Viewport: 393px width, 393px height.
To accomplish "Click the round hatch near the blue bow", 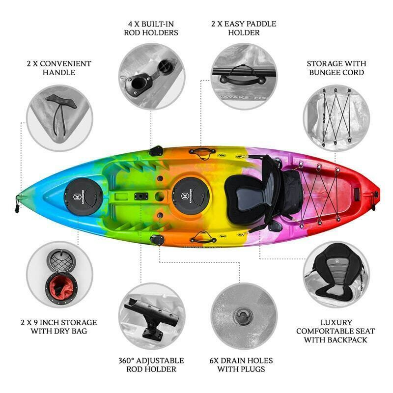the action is (x=83, y=197).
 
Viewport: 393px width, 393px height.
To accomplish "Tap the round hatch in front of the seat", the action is (x=191, y=196).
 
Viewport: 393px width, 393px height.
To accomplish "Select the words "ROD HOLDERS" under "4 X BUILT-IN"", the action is (x=151, y=32).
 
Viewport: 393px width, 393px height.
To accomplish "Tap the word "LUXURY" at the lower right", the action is (x=336, y=322).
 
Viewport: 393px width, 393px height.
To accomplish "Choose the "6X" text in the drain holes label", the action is (x=214, y=361).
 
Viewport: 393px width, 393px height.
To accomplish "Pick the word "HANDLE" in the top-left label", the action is (x=59, y=72).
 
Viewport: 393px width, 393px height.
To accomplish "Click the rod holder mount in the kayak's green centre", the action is (x=141, y=196).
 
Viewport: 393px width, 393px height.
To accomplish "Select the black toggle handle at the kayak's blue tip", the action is (x=17, y=205).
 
